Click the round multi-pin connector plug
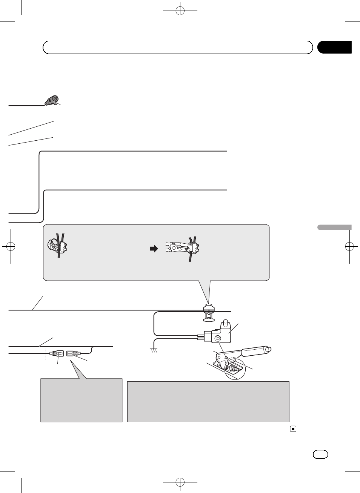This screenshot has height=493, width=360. [x=52, y=100]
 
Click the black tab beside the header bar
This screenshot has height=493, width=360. [x=334, y=47]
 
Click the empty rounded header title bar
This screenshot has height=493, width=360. [x=178, y=48]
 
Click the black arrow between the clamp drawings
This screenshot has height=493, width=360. [x=154, y=249]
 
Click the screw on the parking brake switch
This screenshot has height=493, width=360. [x=218, y=339]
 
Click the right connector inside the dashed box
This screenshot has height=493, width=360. [x=73, y=354]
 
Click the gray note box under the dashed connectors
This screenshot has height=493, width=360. [x=81, y=400]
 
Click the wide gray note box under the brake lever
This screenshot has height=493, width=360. [x=208, y=401]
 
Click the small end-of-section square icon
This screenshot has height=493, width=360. [x=293, y=429]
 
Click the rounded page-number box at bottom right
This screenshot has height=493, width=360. [x=320, y=454]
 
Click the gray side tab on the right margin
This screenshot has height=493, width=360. [x=334, y=227]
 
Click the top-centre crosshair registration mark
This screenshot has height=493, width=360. [x=180, y=11]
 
